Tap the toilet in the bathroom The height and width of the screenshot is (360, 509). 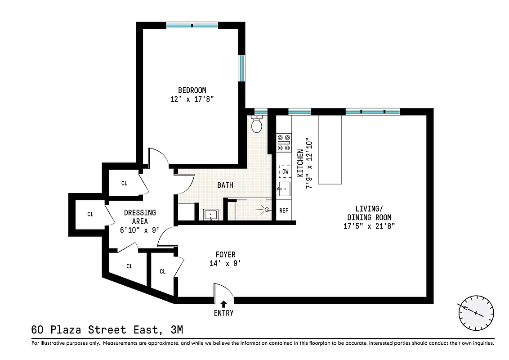[257, 124]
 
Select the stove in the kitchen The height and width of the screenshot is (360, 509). [284, 143]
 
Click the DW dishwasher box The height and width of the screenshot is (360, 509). [285, 171]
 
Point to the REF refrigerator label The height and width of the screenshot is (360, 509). [284, 211]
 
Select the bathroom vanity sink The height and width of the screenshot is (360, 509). [210, 215]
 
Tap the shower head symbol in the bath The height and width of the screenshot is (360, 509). [267, 209]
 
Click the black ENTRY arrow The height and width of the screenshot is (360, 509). [223, 305]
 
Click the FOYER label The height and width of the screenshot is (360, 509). [225, 255]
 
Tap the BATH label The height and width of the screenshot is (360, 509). [225, 185]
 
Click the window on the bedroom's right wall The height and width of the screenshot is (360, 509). [242, 68]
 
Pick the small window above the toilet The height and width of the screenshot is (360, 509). [260, 111]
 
